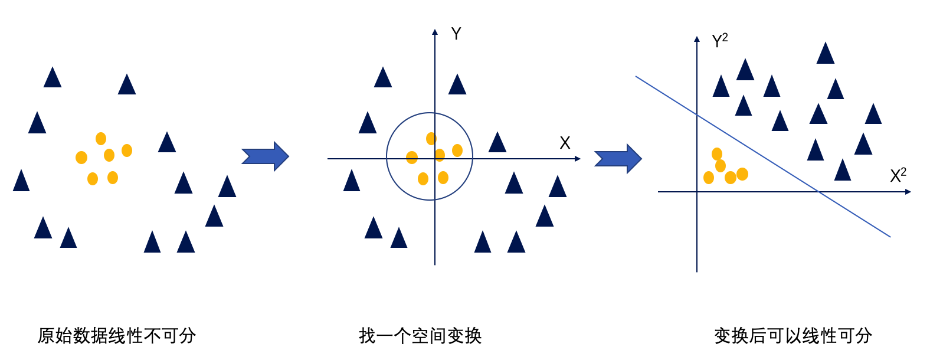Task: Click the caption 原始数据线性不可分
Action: tap(117, 336)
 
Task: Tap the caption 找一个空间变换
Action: tap(420, 336)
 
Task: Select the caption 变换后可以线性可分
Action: tap(793, 336)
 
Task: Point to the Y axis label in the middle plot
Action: tap(456, 34)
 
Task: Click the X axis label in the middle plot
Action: tap(565, 143)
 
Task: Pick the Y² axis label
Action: tap(719, 41)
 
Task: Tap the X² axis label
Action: tap(898, 175)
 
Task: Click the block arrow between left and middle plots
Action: tap(265, 156)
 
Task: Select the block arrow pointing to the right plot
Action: tap(618, 159)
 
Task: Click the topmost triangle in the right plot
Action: tap(826, 54)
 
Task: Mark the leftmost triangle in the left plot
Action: tap(21, 181)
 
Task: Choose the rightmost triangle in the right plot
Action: tap(873, 114)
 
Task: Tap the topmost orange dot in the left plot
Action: tap(101, 139)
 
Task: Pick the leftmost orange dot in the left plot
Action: tap(81, 158)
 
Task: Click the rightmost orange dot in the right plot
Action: tap(742, 174)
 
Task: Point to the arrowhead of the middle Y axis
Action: tap(435, 32)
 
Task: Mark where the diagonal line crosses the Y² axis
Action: tap(697, 115)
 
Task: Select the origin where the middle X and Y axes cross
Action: tap(435, 159)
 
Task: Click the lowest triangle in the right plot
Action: tap(843, 171)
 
